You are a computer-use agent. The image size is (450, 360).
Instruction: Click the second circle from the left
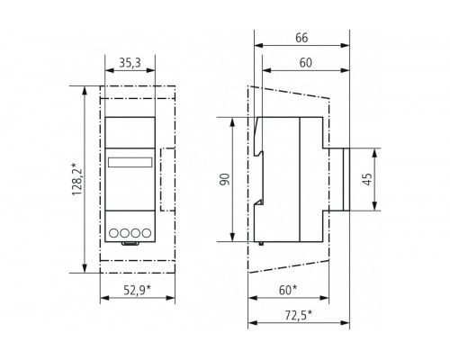[123, 232]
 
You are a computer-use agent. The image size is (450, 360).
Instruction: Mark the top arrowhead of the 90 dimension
[236, 120]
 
